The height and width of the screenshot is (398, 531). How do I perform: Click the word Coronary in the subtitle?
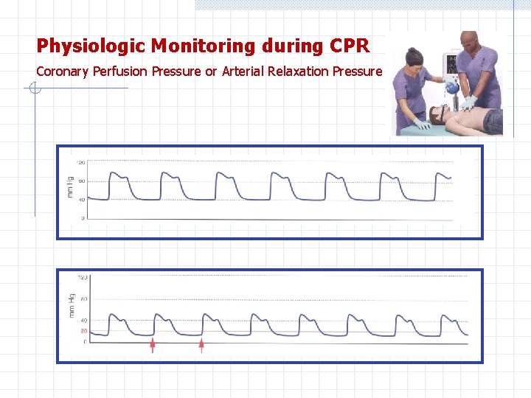click(x=63, y=71)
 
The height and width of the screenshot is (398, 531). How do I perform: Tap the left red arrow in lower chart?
click(x=153, y=344)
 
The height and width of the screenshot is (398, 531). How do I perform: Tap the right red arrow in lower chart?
click(x=201, y=344)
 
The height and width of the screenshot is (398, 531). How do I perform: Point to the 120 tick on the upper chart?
click(x=80, y=162)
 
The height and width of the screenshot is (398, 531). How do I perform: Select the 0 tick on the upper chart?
click(x=83, y=218)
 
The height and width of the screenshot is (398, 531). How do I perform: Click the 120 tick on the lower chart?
click(x=83, y=278)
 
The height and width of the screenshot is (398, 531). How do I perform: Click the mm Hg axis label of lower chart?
click(x=72, y=305)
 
